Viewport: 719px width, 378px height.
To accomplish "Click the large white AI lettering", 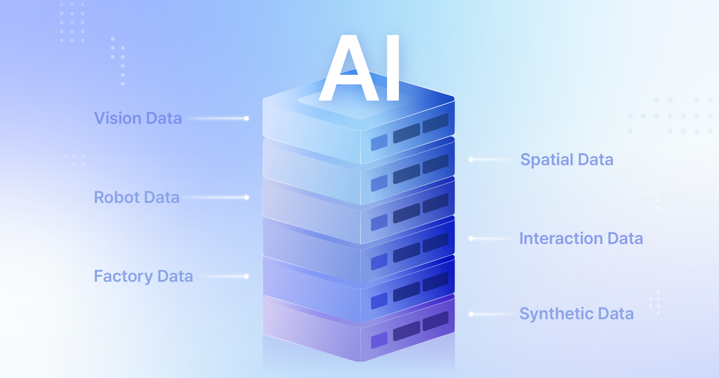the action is (359, 68).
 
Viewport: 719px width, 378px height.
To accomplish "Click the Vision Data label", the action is (138, 118).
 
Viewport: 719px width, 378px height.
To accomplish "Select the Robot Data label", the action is (137, 197).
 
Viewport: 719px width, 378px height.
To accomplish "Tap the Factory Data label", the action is (143, 276).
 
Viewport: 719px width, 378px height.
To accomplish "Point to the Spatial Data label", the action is (567, 159).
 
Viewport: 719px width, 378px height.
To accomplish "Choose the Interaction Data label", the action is (581, 238).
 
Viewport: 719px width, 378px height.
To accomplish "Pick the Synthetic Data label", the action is (577, 314).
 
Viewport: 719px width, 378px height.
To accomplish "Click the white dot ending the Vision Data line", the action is (246, 118).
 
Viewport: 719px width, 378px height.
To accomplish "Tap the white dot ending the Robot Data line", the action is (246, 197).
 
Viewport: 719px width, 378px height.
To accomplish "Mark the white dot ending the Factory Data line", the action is (246, 276).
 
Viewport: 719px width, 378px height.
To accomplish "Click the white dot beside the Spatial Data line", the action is (471, 160).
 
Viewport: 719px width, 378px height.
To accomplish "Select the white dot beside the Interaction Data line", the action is (471, 239).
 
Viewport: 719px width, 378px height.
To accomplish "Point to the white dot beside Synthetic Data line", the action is (471, 314).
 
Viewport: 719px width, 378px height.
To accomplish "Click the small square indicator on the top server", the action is (379, 142).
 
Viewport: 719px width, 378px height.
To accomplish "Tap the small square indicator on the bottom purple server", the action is (379, 340).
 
